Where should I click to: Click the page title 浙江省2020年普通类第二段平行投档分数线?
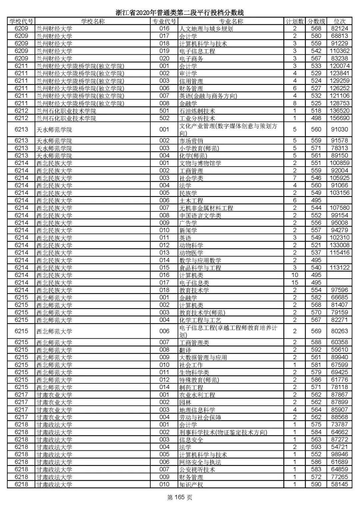(180, 13)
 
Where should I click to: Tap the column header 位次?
(339, 21)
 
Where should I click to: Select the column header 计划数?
(295, 21)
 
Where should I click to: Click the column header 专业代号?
(164, 21)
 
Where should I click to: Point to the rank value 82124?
(339, 29)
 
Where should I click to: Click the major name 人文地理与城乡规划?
(206, 29)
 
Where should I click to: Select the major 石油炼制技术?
(197, 111)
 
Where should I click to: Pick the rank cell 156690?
(339, 118)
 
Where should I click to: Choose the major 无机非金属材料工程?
(206, 208)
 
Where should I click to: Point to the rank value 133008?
(339, 245)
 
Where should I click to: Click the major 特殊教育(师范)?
(199, 380)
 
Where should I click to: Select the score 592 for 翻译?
(316, 350)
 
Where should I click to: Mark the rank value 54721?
(339, 447)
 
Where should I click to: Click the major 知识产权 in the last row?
(191, 485)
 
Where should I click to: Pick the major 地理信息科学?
(197, 410)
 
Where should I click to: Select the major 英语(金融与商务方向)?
(208, 96)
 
